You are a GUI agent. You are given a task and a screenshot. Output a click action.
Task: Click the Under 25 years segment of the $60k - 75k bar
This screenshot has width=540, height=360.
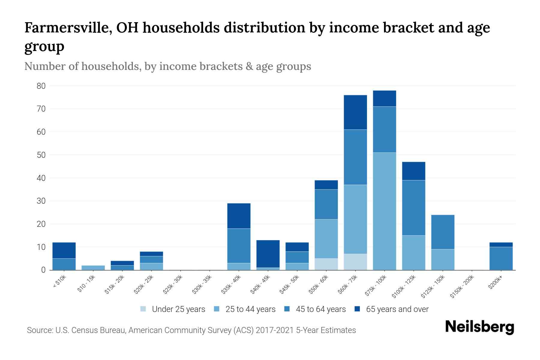(355, 262)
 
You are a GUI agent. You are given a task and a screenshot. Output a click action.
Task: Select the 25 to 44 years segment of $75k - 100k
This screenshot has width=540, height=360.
(384, 211)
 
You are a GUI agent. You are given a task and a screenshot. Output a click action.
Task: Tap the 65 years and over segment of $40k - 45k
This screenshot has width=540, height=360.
(268, 254)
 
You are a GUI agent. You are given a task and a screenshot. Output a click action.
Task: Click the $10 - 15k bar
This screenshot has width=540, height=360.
(93, 268)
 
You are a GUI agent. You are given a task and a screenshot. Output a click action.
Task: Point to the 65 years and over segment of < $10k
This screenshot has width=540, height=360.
(64, 250)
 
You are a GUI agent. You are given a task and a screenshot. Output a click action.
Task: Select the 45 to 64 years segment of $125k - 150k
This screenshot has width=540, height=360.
(442, 232)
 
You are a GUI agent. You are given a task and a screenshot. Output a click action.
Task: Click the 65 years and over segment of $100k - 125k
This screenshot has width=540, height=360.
(413, 171)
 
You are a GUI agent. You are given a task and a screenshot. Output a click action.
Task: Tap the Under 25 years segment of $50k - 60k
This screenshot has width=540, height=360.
(326, 264)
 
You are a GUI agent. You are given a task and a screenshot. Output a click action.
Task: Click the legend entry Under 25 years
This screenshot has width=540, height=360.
(178, 309)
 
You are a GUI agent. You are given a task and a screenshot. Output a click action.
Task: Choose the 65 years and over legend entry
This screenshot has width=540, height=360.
(397, 309)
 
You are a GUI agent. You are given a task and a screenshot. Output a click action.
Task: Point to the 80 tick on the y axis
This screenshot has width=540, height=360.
(41, 86)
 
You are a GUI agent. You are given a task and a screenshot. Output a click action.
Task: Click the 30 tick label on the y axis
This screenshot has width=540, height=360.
(41, 201)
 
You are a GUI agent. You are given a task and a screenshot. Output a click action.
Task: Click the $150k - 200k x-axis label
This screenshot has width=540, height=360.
(462, 287)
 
